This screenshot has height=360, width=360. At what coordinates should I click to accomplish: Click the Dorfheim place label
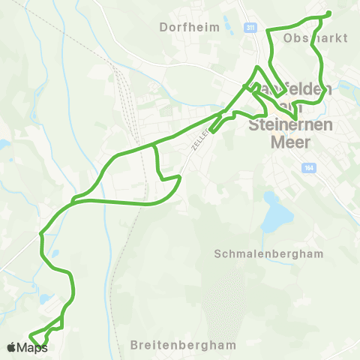(x=190, y=27)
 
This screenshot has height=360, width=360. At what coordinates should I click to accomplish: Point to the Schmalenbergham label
(x=268, y=253)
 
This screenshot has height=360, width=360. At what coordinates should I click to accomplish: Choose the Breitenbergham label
(x=183, y=346)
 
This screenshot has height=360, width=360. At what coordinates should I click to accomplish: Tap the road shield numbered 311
(x=250, y=28)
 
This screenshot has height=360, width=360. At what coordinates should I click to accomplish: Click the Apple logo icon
(x=11, y=347)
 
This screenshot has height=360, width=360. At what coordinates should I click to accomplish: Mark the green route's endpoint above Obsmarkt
(x=329, y=13)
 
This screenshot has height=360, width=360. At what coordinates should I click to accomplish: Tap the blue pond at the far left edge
(x=4, y=144)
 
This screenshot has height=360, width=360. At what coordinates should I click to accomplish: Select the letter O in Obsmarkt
(x=288, y=36)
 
